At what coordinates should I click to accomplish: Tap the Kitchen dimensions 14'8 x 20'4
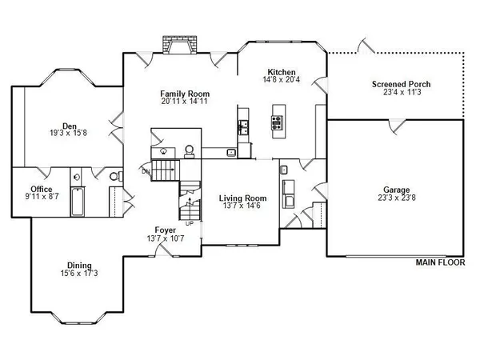click(282, 80)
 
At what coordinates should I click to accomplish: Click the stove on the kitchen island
click(278, 122)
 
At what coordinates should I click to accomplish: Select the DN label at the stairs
click(146, 170)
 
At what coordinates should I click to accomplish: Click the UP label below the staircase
click(190, 223)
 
